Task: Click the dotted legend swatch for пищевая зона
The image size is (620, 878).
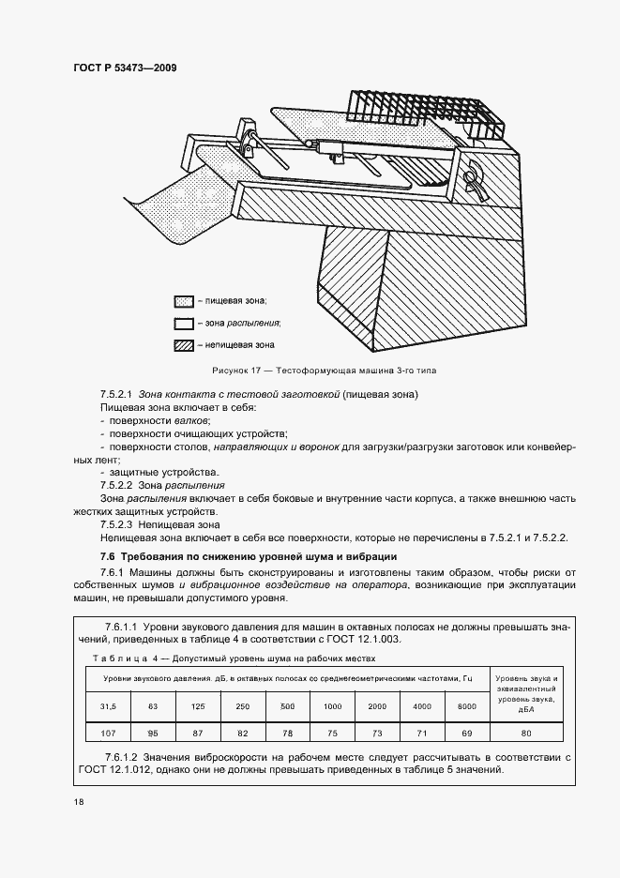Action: (183, 301)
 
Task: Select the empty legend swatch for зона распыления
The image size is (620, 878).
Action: (183, 324)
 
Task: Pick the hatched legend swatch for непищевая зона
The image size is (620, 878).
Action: (183, 346)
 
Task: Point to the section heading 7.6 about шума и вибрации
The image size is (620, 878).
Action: (248, 556)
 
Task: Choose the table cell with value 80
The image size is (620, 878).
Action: (525, 732)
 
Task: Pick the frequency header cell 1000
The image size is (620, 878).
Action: (333, 705)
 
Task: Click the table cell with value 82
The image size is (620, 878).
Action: (243, 732)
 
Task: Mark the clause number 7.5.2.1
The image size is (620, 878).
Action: (117, 395)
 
